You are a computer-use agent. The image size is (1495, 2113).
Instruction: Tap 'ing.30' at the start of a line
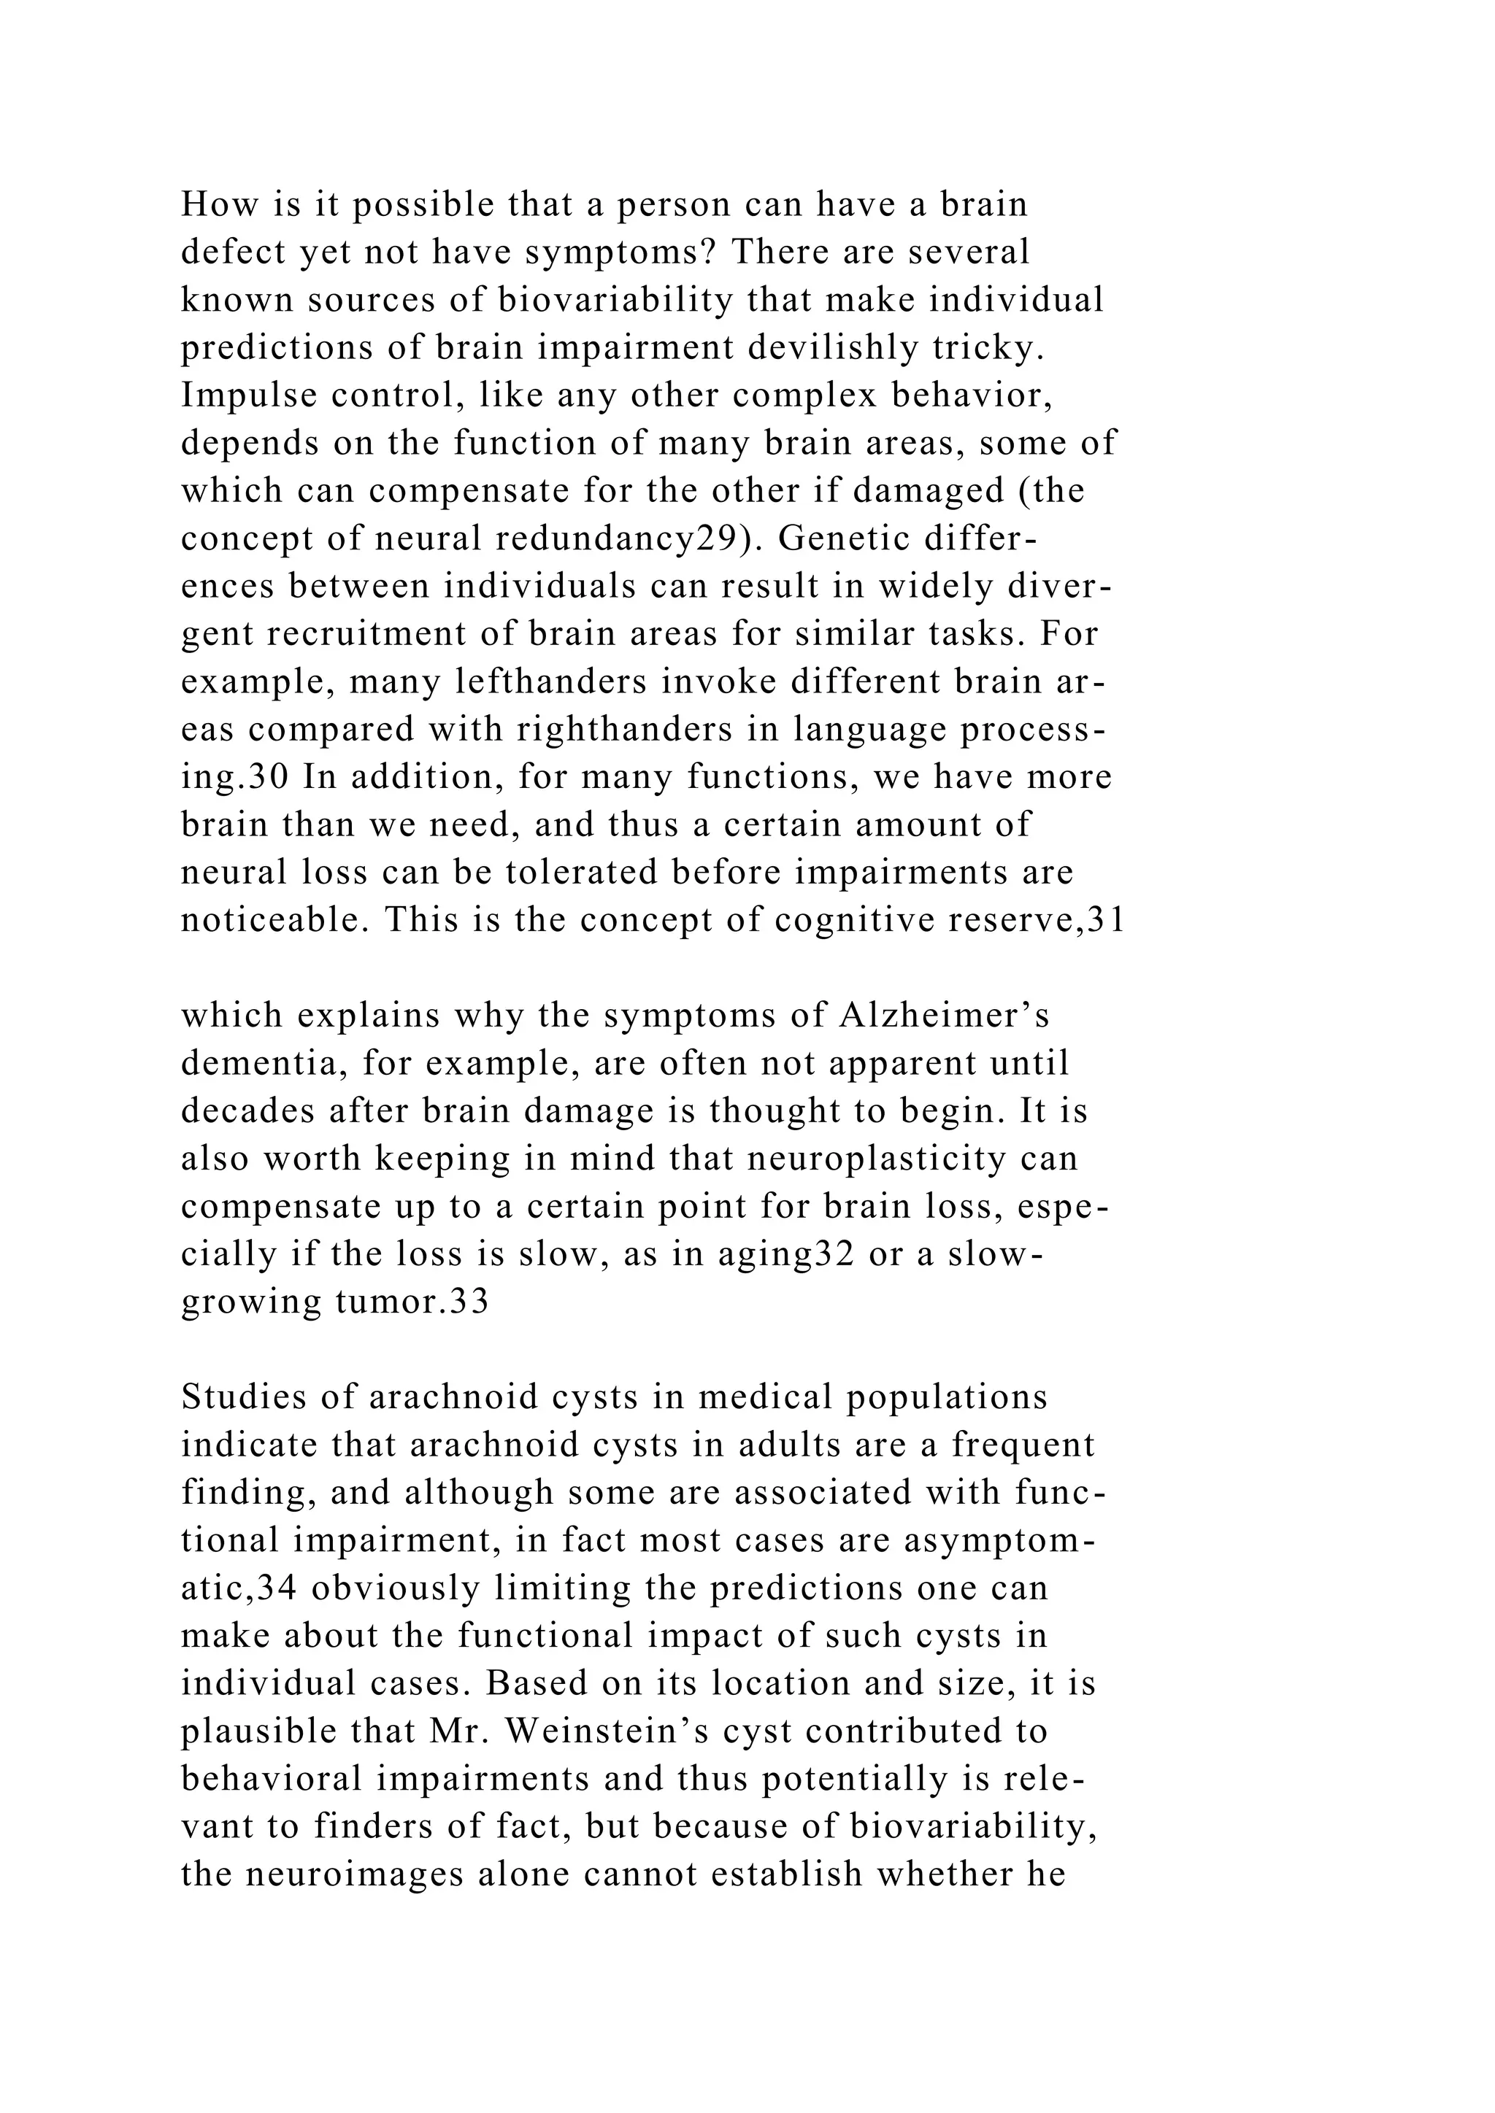tap(236, 778)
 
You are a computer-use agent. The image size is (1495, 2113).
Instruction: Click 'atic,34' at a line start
tap(236, 1588)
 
